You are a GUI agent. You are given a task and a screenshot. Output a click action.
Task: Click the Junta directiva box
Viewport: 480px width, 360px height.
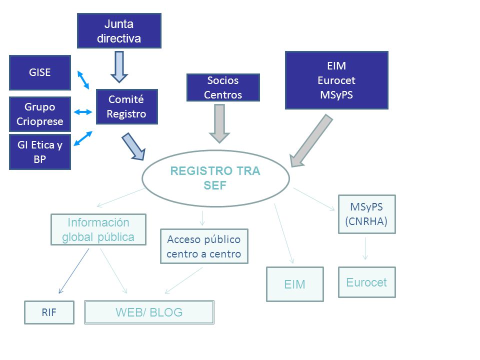click(119, 30)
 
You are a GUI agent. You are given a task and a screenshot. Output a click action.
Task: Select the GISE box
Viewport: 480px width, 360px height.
click(40, 72)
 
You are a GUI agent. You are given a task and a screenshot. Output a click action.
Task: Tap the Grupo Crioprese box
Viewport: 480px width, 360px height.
click(40, 114)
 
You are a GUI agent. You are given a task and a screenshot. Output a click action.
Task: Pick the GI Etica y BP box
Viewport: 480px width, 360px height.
click(40, 152)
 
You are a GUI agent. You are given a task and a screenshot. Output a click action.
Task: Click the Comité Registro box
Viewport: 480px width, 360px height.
click(126, 106)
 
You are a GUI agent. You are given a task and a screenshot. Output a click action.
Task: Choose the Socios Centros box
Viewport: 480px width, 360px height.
click(223, 87)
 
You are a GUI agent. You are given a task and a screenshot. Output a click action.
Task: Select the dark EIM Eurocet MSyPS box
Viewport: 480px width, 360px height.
click(336, 80)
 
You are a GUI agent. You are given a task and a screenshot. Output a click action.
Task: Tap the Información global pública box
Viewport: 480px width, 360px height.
click(98, 229)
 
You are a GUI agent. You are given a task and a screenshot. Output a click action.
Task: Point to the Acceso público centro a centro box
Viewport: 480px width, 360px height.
click(204, 246)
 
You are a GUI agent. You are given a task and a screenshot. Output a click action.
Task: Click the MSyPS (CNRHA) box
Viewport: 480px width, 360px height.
click(366, 214)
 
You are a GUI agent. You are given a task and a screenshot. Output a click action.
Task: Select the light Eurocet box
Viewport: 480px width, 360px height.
click(366, 282)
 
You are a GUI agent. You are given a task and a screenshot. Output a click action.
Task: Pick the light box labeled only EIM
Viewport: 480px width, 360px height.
click(295, 284)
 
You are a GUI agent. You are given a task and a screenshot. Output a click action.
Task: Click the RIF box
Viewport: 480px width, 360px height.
click(49, 312)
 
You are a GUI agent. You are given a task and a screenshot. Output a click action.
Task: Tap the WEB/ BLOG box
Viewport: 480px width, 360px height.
click(149, 312)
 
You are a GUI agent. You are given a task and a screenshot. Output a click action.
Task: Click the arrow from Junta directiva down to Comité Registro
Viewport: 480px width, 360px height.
click(119, 66)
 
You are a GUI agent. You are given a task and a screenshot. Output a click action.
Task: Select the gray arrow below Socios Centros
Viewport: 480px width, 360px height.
click(219, 123)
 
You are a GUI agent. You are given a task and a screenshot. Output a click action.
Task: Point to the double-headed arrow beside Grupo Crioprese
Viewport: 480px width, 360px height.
click(83, 112)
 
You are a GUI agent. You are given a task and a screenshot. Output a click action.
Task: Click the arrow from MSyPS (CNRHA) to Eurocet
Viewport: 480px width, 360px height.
click(365, 248)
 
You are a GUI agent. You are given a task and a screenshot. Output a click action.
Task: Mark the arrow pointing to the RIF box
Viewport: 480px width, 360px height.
click(74, 271)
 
